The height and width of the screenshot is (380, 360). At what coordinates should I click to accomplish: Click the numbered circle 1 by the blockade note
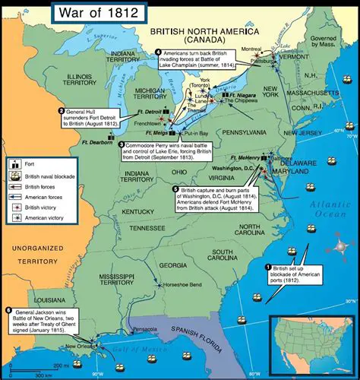point(267,267)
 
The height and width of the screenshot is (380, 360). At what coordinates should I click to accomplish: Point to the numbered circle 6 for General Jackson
point(8,310)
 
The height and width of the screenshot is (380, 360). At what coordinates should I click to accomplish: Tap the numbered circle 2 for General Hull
point(61,112)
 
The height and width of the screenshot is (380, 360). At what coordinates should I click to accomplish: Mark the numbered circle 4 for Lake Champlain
point(158,52)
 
